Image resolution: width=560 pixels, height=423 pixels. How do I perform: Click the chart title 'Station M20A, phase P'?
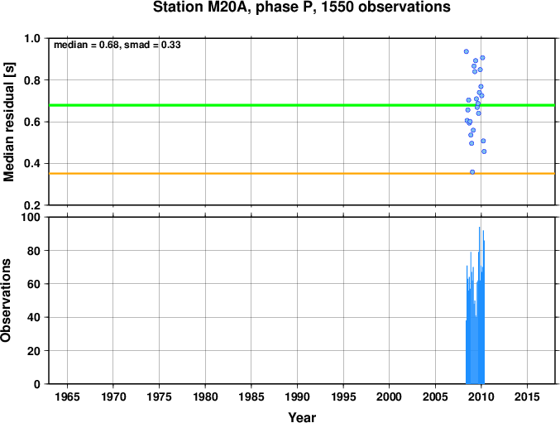(236, 7)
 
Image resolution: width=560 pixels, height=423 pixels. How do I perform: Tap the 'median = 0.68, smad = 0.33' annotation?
(117, 45)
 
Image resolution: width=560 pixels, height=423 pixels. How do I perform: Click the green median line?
(302, 105)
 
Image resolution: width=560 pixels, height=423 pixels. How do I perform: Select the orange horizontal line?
(302, 174)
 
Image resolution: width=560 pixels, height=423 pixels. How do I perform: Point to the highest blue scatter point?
(466, 51)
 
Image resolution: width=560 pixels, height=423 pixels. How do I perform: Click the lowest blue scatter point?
(472, 172)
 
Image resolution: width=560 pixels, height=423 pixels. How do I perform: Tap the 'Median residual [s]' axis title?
(8, 122)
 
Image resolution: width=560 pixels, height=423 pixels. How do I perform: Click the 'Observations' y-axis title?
(6, 300)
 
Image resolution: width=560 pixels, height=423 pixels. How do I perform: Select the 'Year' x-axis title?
(302, 417)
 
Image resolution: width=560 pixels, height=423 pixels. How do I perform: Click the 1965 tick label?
(67, 397)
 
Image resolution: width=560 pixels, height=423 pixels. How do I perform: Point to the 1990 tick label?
(297, 397)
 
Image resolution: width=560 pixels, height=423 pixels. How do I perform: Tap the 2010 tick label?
(481, 397)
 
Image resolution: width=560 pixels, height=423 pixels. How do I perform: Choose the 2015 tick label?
(527, 397)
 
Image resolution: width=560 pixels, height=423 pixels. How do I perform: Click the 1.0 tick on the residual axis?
(32, 39)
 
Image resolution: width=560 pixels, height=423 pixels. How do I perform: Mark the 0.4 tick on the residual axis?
(32, 164)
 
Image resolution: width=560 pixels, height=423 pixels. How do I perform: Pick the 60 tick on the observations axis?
(34, 284)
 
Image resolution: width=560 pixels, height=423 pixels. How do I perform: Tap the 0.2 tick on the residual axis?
(32, 205)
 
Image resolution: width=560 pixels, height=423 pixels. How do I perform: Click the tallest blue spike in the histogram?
(479, 305)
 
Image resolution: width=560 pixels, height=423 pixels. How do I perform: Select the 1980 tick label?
(205, 397)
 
